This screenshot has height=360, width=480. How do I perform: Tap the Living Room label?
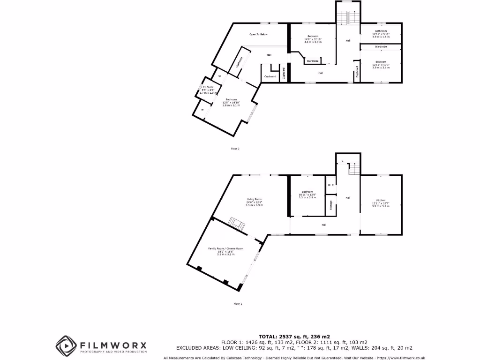pos(255,199)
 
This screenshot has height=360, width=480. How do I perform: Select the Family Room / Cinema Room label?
pos(226,248)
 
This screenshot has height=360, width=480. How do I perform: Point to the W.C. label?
pos(330,185)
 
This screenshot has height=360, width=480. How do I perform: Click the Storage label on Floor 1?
pos(331,205)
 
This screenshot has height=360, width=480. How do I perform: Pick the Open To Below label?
pos(258,34)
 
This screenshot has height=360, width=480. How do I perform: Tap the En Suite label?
pos(208,87)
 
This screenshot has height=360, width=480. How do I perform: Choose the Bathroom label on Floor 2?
pos(380,31)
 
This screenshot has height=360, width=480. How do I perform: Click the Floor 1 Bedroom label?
pos(307,192)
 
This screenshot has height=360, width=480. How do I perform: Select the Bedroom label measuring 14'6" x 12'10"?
pos(313,37)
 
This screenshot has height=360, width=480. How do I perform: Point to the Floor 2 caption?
pos(235,149)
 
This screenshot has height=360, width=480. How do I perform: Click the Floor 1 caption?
pos(238,304)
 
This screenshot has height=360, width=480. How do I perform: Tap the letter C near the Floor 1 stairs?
pos(342,161)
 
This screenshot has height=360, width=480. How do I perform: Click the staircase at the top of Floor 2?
pos(348,17)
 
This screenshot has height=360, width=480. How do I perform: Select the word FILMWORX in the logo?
pos(113,345)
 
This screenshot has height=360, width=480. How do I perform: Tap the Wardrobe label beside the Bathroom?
pos(380,47)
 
